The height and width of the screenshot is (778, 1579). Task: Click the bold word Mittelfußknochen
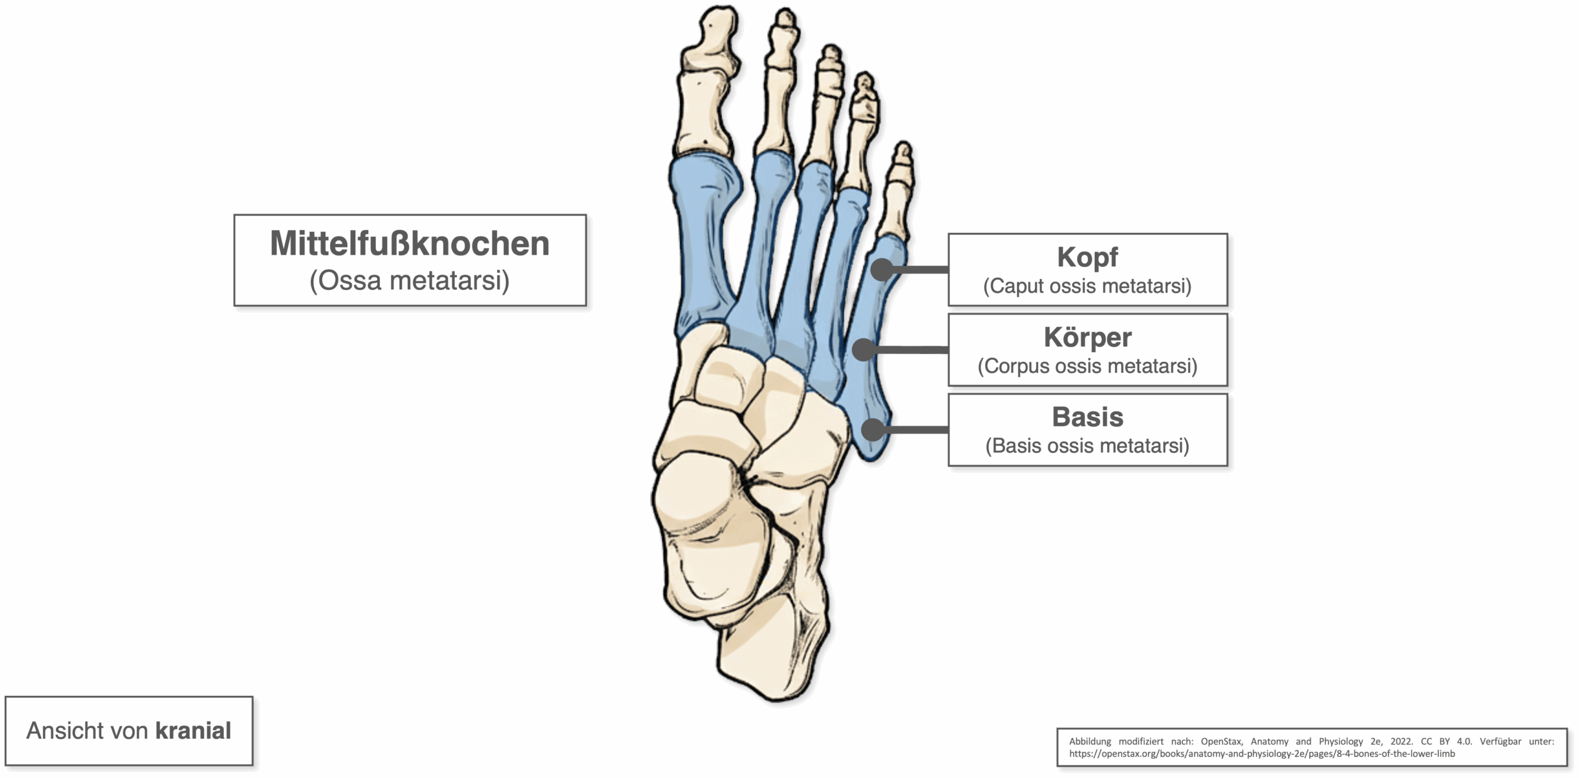[410, 244]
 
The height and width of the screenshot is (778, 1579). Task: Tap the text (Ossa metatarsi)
[410, 280]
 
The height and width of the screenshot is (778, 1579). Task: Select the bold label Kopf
[1087, 258]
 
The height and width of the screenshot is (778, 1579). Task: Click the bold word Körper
[1087, 337]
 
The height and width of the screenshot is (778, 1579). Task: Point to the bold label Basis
[1087, 417]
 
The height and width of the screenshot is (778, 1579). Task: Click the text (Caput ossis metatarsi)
[1087, 286]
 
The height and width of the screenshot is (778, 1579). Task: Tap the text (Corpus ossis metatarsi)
[1087, 366]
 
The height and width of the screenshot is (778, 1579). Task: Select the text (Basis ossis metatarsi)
[1087, 446]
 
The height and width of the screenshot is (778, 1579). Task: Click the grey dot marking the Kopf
[883, 269]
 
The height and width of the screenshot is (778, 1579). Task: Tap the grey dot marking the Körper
[864, 350]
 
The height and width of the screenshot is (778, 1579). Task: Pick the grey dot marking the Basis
[873, 430]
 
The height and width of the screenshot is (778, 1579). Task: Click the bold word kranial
[193, 731]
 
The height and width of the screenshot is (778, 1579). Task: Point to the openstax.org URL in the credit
[1262, 753]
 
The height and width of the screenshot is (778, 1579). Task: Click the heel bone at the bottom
[771, 653]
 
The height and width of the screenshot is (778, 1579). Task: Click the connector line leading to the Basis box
[917, 430]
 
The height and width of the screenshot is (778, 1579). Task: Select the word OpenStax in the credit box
[1221, 742]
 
